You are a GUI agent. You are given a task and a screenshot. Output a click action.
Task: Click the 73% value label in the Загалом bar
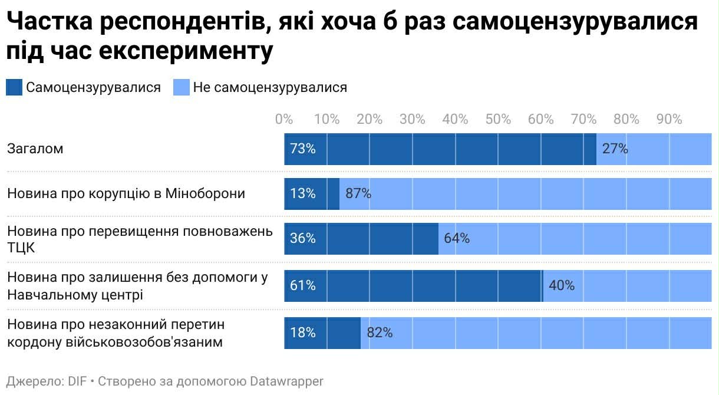303,149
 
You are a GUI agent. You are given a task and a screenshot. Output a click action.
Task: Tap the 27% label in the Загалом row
615,149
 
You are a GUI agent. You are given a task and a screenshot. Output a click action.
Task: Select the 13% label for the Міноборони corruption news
303,193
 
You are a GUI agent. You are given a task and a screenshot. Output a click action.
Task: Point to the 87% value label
358,193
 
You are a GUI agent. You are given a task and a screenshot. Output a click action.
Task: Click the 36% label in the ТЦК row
303,238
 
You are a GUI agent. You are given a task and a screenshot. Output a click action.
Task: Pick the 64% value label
457,238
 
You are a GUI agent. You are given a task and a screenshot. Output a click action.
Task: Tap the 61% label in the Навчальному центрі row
303,285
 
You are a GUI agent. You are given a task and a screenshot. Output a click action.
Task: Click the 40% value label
562,285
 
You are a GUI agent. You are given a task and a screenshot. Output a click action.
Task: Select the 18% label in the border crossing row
303,333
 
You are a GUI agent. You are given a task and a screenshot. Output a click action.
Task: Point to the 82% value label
380,333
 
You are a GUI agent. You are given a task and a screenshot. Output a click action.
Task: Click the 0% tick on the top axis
284,119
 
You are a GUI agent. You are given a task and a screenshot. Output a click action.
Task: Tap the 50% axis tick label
498,119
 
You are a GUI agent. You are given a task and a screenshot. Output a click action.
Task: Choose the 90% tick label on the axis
669,119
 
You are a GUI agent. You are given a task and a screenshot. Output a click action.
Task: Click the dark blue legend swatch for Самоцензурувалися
14,88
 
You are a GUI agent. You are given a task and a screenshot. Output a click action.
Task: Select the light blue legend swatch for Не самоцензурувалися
182,88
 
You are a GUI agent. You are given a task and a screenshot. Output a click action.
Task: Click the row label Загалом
35,149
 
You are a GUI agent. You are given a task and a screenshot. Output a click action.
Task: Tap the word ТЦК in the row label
21,248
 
